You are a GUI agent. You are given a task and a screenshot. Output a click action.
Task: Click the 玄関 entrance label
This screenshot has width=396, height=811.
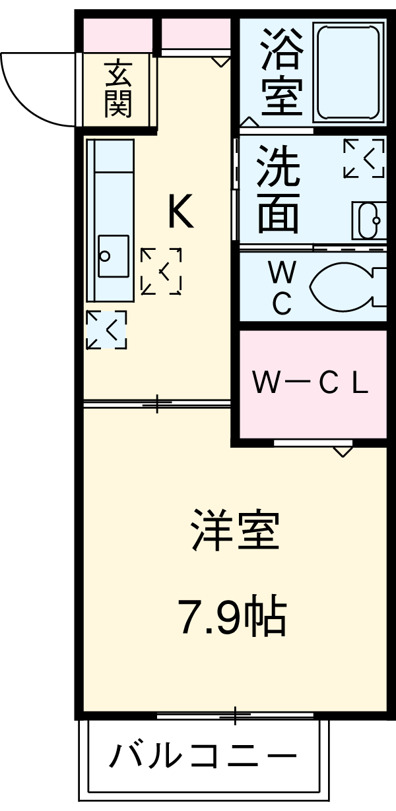click(x=119, y=89)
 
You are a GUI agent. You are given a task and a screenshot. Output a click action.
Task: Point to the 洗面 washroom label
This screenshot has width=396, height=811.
click(x=278, y=189)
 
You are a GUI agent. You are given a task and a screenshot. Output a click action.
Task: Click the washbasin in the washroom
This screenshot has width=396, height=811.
click(x=368, y=218)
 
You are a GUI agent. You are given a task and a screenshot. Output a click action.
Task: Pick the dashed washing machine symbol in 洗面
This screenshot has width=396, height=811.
click(x=364, y=158)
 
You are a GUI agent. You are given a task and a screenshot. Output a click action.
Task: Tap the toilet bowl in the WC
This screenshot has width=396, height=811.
click(x=346, y=287)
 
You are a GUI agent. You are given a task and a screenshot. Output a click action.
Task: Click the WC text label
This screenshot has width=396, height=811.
click(x=282, y=287)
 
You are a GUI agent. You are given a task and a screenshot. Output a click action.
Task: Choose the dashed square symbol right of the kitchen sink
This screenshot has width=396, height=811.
click(x=161, y=270)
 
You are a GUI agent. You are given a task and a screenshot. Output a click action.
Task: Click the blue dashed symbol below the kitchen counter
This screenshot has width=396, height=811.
click(x=106, y=329)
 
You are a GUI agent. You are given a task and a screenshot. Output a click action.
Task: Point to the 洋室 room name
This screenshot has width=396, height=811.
click(x=235, y=531)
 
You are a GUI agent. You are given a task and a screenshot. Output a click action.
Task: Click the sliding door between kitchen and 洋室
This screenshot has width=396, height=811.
click(x=156, y=403)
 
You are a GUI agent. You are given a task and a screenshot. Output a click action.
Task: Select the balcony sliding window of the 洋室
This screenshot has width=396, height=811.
click(x=236, y=715)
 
